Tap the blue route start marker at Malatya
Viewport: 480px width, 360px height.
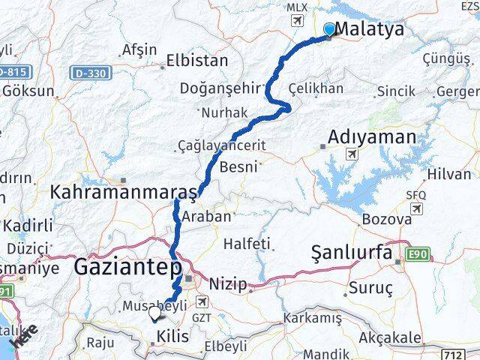click(x=329, y=29)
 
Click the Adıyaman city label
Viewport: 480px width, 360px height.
click(x=371, y=137)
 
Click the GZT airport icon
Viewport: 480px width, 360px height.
click(x=202, y=301)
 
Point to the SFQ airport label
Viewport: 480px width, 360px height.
click(x=415, y=194)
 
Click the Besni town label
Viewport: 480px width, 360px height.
click(x=239, y=166)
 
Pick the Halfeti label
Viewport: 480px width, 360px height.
click(x=246, y=243)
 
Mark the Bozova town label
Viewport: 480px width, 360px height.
click(x=387, y=220)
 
